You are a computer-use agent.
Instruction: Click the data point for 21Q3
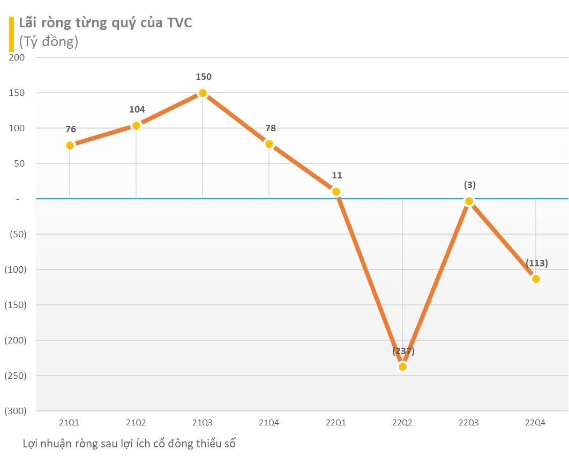point(203,93)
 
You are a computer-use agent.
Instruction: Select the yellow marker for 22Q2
point(402,366)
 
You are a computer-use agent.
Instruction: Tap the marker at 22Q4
point(536,279)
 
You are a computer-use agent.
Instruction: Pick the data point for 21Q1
point(70,145)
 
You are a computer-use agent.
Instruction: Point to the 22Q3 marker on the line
point(469,201)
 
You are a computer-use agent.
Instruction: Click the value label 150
point(204,77)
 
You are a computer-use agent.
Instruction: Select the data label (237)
point(403,351)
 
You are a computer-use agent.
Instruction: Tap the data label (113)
point(537,263)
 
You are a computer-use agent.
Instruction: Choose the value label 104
point(137,110)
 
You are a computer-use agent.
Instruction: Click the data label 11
point(336,175)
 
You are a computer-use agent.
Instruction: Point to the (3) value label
point(470,185)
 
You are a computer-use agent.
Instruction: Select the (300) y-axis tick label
point(15,411)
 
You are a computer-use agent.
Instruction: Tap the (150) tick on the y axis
point(15,305)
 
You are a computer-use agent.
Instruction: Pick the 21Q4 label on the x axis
point(269,423)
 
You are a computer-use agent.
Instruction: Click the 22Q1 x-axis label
point(336,423)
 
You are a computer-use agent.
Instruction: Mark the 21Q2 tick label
point(136,423)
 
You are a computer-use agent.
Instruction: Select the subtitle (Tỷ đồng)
point(49,42)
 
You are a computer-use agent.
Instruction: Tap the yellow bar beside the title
point(11,34)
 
